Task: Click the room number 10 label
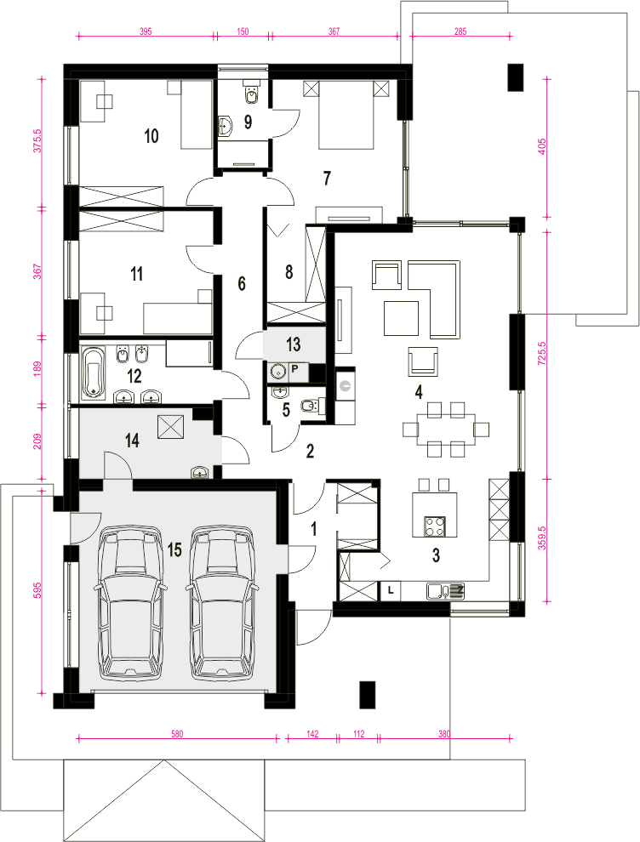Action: [x=151, y=136]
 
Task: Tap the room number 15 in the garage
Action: [x=174, y=550]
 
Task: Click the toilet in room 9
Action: [x=251, y=94]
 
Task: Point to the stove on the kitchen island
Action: [x=435, y=526]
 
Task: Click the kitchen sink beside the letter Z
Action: [x=439, y=591]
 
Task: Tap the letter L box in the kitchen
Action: [x=391, y=590]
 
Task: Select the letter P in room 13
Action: [x=295, y=368]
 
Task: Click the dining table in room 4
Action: [x=446, y=430]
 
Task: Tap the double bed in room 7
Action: [x=346, y=114]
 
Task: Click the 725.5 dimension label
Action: [x=541, y=353]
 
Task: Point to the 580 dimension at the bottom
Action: [x=177, y=733]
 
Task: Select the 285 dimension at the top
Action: [x=460, y=31]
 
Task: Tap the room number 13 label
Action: [x=294, y=344]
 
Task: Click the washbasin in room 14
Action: [x=201, y=472]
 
